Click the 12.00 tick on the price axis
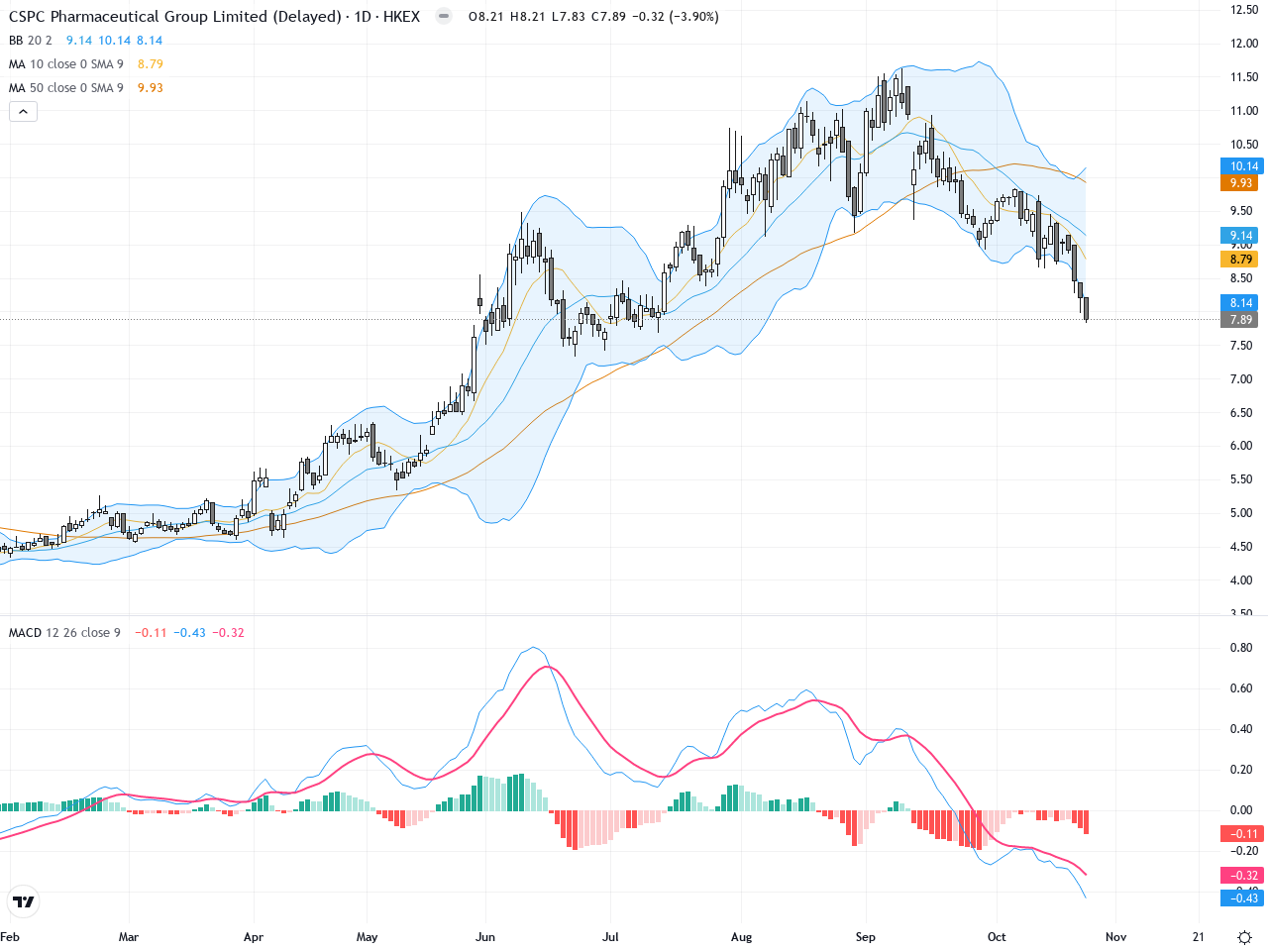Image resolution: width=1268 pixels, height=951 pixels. click(x=1244, y=44)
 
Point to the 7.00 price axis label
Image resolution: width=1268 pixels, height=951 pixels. click(x=1241, y=379)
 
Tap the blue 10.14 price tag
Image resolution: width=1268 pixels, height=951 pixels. click(x=1243, y=166)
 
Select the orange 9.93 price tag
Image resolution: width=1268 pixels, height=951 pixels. click(x=1241, y=183)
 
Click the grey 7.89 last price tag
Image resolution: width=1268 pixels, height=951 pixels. click(x=1241, y=320)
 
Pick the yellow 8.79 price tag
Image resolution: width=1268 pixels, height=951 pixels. click(x=1241, y=260)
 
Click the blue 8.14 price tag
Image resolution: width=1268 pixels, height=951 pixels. click(x=1241, y=303)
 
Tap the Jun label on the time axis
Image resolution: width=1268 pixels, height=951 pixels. click(x=485, y=937)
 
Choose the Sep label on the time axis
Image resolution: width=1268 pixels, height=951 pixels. click(x=866, y=937)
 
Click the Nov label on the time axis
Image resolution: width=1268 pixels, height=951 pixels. click(x=1115, y=937)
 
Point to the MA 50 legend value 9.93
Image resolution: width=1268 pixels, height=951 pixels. click(x=151, y=88)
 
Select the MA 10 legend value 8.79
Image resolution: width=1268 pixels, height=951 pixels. click(x=151, y=64)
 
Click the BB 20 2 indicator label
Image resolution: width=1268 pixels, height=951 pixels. click(x=30, y=41)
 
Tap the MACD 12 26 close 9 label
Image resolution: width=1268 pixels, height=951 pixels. click(x=64, y=633)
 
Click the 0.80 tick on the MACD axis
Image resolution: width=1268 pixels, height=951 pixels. click(x=1241, y=649)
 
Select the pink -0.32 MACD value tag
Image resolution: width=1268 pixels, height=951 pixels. click(x=1243, y=876)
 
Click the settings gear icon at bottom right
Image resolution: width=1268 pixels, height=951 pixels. click(x=1245, y=937)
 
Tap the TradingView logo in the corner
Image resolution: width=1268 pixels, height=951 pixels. click(x=23, y=901)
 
